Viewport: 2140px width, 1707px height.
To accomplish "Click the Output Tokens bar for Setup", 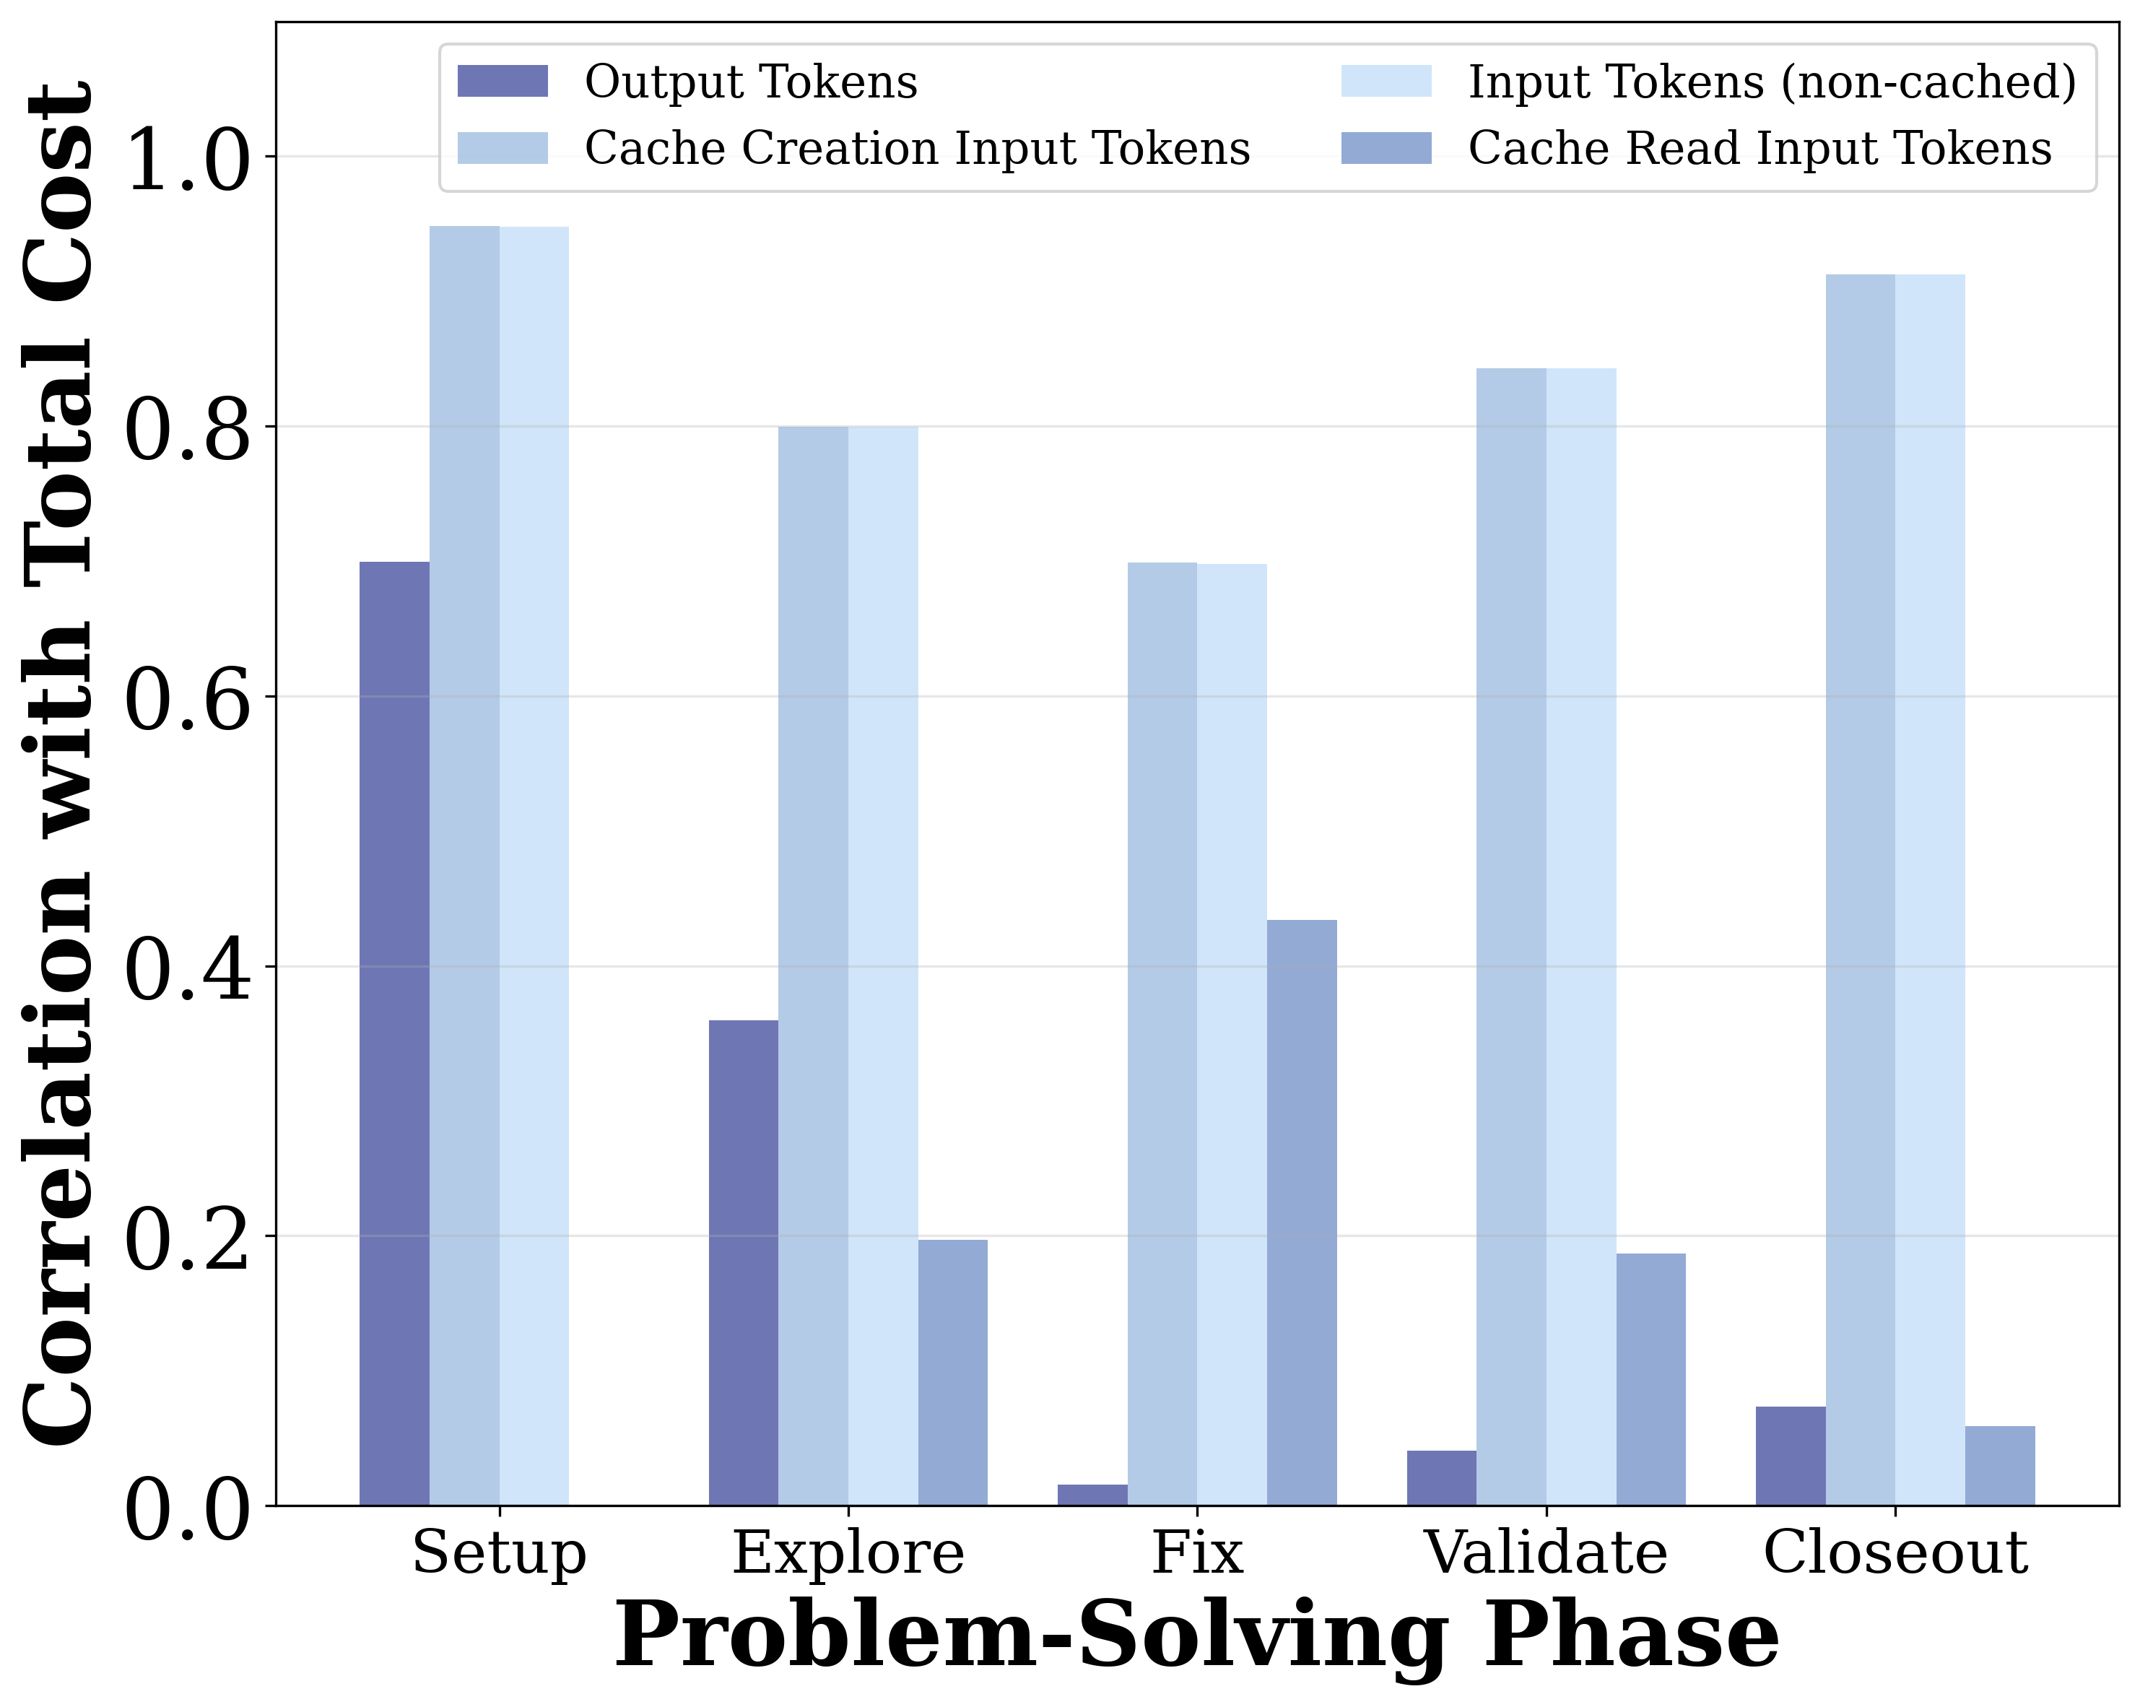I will point(394,1032).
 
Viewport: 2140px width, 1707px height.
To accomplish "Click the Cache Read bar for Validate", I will point(1650,1379).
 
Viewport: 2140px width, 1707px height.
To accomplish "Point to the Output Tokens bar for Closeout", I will point(1791,1456).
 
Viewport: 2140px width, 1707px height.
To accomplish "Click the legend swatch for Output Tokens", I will point(503,82).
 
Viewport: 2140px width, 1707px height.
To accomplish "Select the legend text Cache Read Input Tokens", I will point(1760,149).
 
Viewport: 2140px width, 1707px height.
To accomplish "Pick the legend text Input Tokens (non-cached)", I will point(1772,82).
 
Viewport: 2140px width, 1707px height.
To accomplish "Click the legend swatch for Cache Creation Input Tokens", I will point(503,149).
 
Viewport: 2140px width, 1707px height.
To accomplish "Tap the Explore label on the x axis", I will point(848,1553).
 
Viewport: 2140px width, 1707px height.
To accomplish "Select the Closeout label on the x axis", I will point(1895,1553).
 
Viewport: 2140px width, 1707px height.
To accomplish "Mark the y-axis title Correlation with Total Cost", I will point(59,764).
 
